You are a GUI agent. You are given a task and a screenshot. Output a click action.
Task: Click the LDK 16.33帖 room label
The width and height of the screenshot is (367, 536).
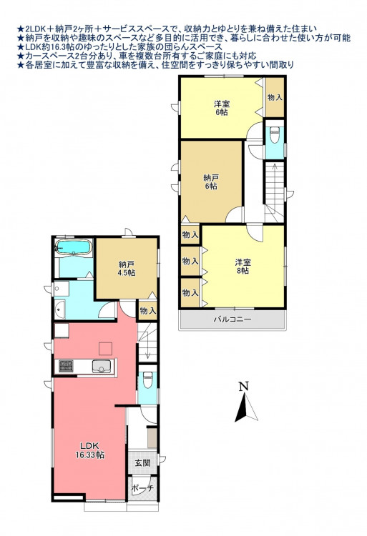pos(90,450)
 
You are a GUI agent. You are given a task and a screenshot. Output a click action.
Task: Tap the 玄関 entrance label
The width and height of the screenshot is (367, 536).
pos(142,463)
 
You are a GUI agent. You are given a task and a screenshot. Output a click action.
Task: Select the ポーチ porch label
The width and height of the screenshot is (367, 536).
pos(143,489)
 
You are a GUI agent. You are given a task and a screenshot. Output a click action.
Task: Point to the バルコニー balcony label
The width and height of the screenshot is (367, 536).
pos(233,319)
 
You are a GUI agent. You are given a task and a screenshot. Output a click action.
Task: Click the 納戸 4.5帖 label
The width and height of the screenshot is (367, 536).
pos(127,268)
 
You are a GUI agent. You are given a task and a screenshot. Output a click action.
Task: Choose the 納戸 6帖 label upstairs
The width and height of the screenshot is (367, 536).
pos(211,182)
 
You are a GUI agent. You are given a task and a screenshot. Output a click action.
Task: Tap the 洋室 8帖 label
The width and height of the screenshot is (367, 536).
pos(243,267)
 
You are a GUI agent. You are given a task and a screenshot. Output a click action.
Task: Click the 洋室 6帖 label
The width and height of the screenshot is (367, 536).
pos(222,108)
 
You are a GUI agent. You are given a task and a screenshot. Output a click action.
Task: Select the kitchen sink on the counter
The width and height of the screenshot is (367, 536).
pos(102,367)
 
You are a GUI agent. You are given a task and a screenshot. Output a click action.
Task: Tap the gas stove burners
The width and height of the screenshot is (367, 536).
pos(65,366)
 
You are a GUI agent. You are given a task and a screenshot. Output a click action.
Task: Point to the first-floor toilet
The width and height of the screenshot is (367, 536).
pos(148,380)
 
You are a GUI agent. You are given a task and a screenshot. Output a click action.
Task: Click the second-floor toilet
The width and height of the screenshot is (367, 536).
pos(274,136)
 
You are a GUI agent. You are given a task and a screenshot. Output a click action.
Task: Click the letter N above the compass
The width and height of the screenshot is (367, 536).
pos(243,386)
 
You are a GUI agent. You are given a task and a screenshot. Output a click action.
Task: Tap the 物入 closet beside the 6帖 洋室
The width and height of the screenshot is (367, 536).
pos(275,97)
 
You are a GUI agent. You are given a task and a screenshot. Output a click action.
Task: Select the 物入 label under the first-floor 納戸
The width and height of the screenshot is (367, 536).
pos(148,311)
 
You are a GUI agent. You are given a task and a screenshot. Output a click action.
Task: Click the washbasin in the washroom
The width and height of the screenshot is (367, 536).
pos(60,309)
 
